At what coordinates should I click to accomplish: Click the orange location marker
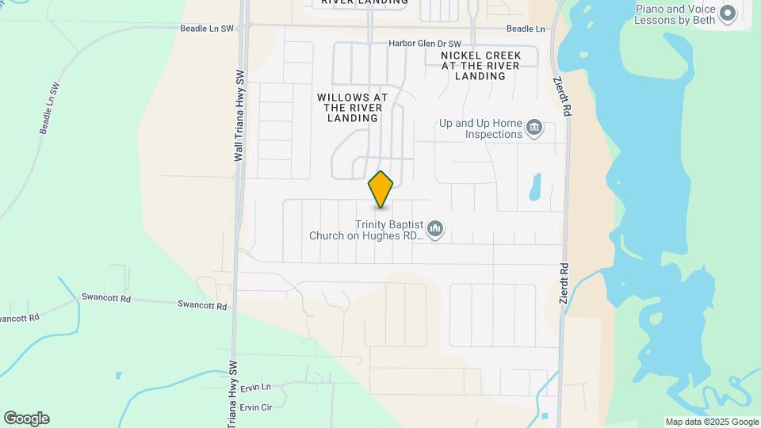[x=380, y=189]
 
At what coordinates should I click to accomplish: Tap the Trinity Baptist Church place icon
[x=434, y=230]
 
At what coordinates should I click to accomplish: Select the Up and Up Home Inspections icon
[x=534, y=128]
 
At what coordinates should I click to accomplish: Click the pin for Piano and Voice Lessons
[x=726, y=13]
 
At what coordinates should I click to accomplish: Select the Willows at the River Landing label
[x=353, y=107]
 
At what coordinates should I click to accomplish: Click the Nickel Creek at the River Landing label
[x=480, y=66]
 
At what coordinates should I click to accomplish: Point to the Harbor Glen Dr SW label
[x=425, y=44]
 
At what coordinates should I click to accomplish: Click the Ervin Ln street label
[x=256, y=387]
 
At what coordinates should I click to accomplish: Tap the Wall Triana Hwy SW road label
[x=239, y=117]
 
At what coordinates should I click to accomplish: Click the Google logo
[x=26, y=418]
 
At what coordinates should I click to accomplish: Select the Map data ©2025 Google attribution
[x=712, y=422]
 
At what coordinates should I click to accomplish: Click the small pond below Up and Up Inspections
[x=534, y=187]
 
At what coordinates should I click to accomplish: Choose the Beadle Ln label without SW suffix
[x=526, y=29]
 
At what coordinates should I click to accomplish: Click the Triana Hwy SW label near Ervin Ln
[x=233, y=394]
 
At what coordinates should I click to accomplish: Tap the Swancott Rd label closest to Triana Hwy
[x=202, y=304]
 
